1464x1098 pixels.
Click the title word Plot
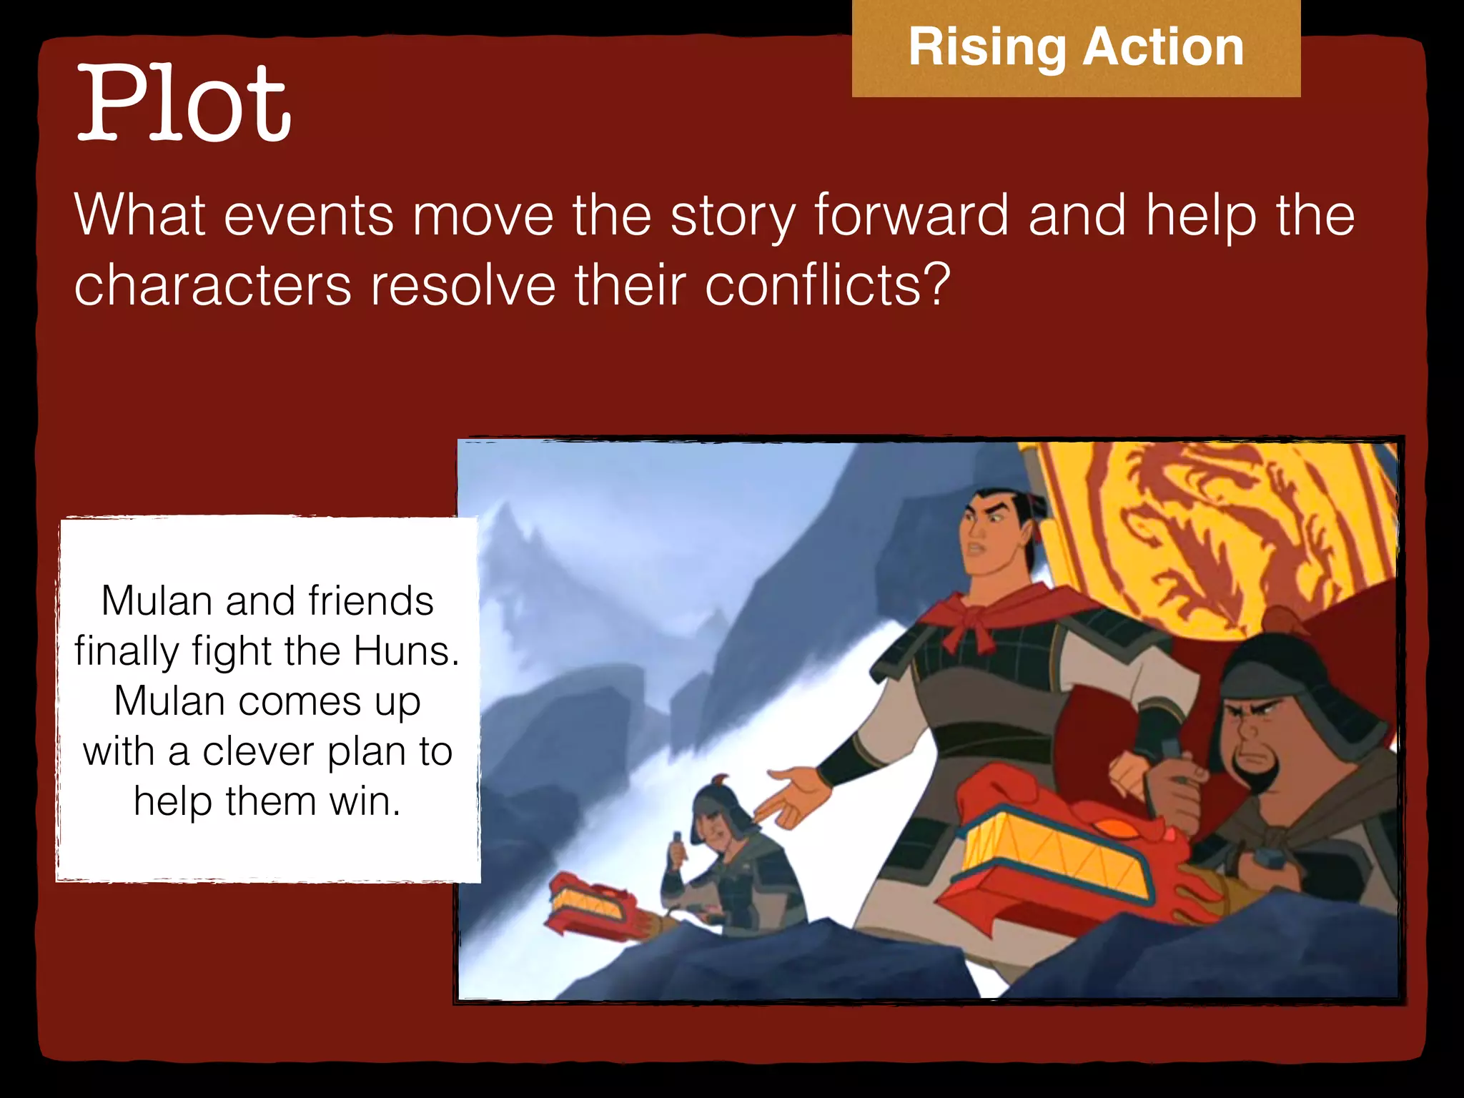[184, 104]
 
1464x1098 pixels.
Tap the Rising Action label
[1076, 47]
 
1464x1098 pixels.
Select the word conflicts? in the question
[828, 285]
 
